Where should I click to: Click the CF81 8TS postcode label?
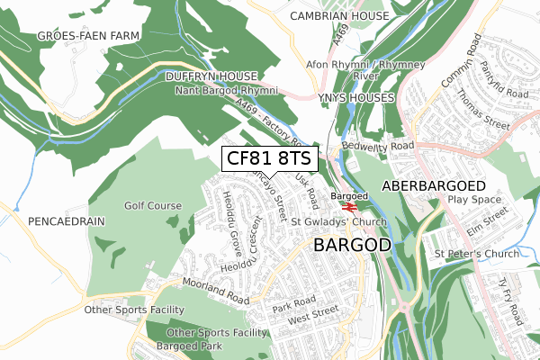268,158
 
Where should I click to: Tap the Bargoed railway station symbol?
349,205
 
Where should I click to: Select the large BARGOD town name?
352,245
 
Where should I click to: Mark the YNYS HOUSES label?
355,97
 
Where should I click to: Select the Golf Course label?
153,206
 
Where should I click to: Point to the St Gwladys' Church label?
340,222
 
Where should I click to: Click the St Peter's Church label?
477,254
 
